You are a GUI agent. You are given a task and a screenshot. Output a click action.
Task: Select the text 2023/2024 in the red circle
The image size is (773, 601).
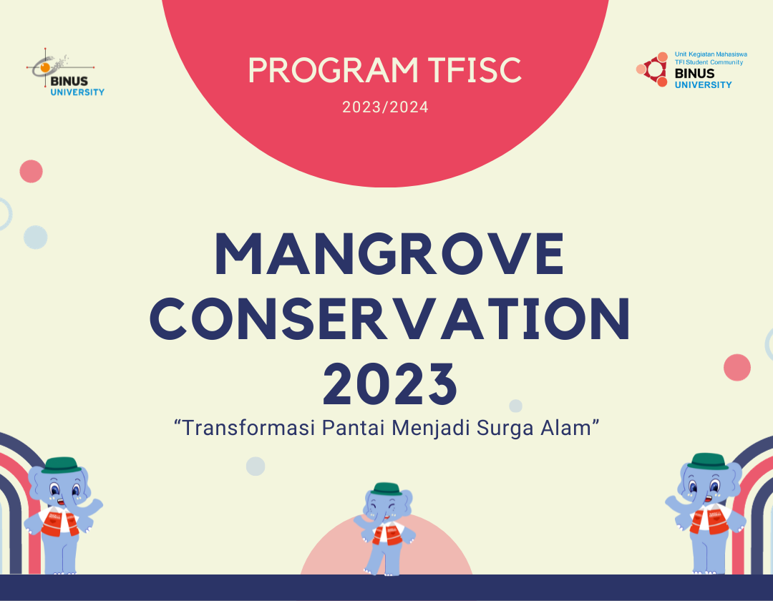385,108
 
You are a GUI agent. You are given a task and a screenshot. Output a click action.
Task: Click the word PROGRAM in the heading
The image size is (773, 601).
332,70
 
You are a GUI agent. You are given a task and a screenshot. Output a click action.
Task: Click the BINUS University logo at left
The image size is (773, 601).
66,75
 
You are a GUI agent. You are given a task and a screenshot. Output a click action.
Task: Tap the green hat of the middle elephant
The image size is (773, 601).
386,489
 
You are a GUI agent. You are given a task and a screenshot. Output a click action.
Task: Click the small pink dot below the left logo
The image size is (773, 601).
31,171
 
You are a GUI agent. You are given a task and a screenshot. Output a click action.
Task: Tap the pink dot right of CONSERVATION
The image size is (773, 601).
736,367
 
